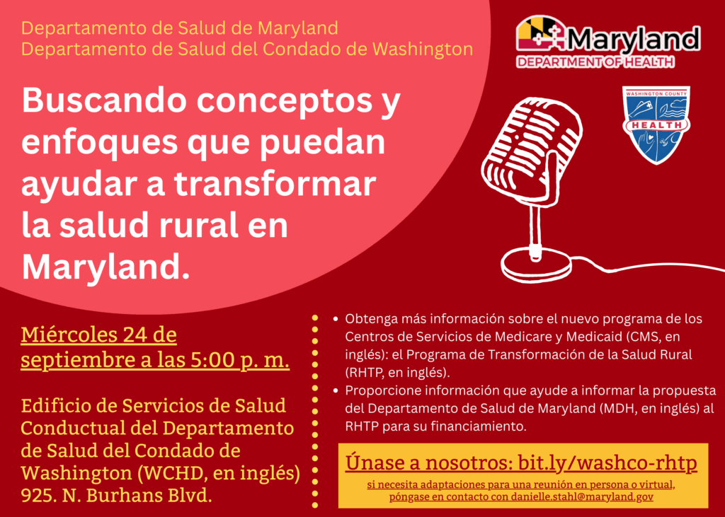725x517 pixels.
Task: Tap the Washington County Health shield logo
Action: click(x=656, y=124)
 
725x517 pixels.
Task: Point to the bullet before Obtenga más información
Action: click(x=336, y=320)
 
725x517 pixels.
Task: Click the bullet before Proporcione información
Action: click(x=336, y=391)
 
